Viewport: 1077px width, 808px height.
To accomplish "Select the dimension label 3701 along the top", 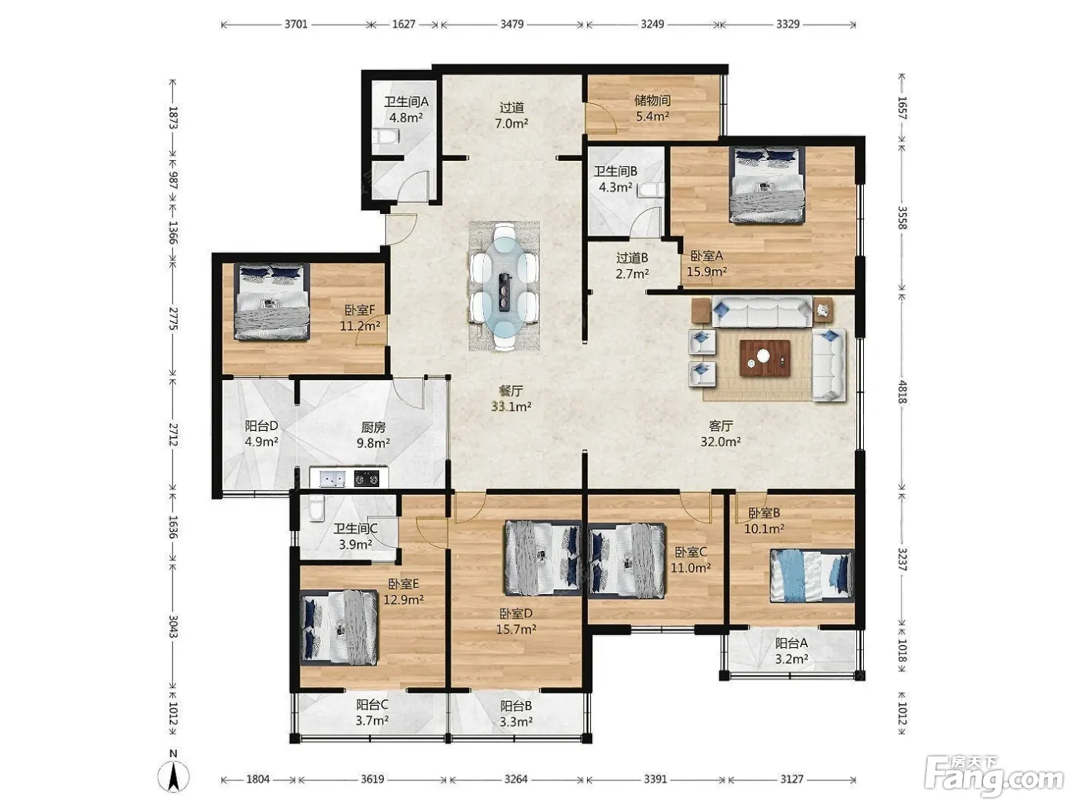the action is (x=296, y=24).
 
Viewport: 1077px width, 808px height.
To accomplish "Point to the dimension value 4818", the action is (x=902, y=392).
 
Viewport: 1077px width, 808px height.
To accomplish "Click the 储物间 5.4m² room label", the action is (x=652, y=109).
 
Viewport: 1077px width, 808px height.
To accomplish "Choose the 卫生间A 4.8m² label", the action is (x=405, y=109).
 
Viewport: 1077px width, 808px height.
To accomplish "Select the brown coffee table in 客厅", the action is (x=765, y=358).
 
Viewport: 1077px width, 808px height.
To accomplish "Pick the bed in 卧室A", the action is (x=767, y=185).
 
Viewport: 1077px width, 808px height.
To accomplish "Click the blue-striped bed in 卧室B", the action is (x=812, y=576).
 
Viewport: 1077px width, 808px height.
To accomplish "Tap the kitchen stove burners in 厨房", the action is (x=367, y=478).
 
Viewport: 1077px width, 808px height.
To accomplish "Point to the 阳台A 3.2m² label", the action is (x=791, y=650).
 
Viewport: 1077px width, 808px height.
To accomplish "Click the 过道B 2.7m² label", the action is (x=632, y=265).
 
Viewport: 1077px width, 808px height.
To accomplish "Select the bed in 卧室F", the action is (x=272, y=302).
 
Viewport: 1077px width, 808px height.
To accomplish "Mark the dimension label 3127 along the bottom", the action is (x=792, y=779).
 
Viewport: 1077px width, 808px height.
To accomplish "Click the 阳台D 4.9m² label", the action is (x=262, y=434).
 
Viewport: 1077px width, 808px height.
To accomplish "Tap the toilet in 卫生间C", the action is (x=316, y=508).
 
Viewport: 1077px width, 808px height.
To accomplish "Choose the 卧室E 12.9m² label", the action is (x=403, y=592).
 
